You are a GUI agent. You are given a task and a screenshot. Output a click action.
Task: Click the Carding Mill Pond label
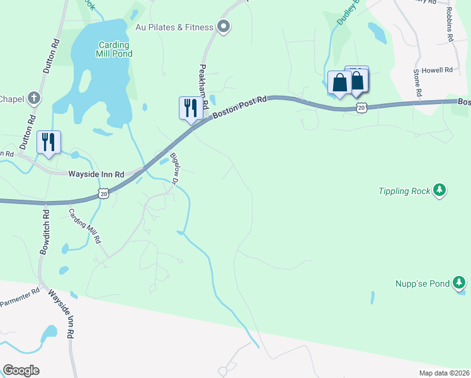tap(114, 50)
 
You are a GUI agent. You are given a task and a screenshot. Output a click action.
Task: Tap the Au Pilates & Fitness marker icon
tap(223, 26)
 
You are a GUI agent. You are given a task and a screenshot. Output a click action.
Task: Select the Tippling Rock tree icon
tap(440, 190)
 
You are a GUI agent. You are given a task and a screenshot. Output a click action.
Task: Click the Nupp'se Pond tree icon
tap(460, 283)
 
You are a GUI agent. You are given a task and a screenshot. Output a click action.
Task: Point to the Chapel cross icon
tap(34, 98)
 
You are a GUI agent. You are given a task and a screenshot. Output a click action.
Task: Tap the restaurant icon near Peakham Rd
tap(190, 108)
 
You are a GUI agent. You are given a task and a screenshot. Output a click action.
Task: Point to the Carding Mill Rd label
tap(85, 226)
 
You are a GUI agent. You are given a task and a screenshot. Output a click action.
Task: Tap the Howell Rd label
tap(437, 70)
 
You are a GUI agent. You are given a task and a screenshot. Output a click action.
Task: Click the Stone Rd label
tap(417, 84)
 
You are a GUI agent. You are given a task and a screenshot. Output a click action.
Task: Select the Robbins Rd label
tap(450, 25)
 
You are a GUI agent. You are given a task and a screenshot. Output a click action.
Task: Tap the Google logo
tap(21, 370)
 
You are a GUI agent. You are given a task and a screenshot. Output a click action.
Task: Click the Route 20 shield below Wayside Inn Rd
tap(104, 194)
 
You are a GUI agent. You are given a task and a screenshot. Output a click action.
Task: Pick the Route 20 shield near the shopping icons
tap(361, 108)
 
